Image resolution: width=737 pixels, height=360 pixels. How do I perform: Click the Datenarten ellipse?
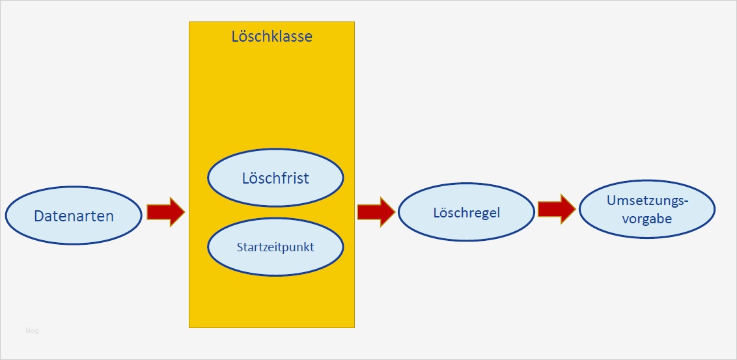(74, 216)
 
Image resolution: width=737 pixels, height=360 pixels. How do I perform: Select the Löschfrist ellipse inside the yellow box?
(275, 178)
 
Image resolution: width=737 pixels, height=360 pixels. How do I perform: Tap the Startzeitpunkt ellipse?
(275, 247)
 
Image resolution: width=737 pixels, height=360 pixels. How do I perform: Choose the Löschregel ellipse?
(466, 213)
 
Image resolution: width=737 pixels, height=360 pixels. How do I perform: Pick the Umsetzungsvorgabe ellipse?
(647, 210)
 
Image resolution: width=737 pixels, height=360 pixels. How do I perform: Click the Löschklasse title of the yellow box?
(271, 36)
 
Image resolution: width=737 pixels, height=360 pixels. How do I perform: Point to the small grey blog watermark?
(32, 331)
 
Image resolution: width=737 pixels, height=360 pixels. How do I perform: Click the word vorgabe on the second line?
(647, 219)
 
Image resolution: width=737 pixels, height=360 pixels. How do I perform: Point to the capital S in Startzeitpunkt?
(240, 247)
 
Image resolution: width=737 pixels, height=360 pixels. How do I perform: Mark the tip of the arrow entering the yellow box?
(185, 212)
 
